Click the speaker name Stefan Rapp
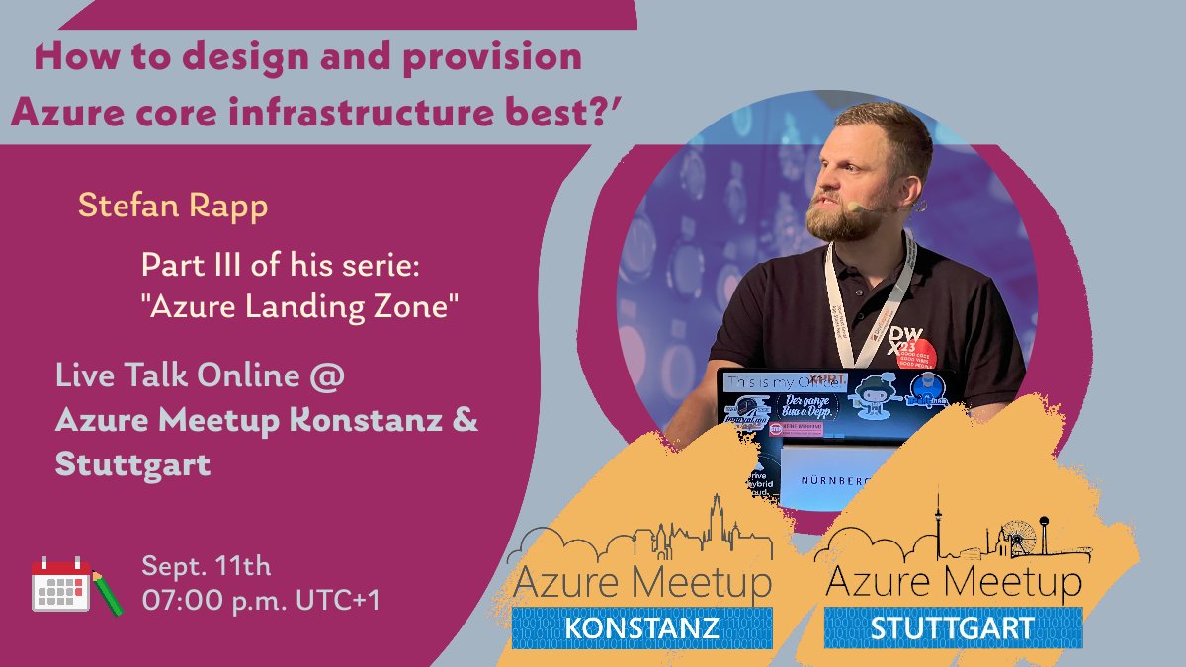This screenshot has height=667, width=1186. click(173, 207)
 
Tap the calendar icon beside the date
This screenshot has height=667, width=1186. click(61, 584)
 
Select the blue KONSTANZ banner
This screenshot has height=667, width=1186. click(641, 627)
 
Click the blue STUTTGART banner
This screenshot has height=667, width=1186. click(953, 627)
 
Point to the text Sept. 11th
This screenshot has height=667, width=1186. click(206, 567)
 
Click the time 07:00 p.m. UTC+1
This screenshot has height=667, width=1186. click(261, 599)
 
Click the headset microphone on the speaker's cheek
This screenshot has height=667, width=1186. click(856, 207)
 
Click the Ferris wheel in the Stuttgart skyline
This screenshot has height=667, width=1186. click(1019, 538)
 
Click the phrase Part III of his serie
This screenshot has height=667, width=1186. click(282, 266)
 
